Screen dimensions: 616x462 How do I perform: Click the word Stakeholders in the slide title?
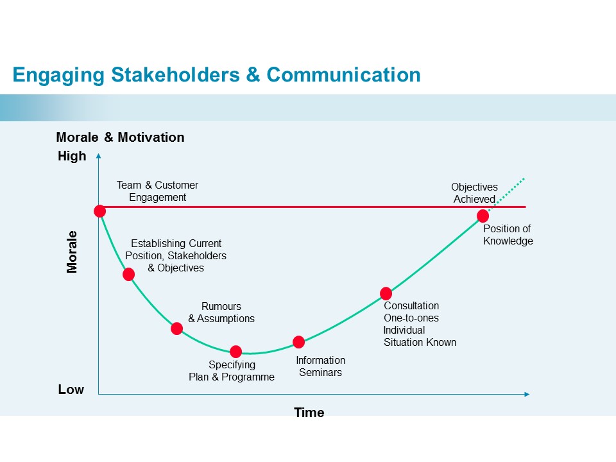coord(175,74)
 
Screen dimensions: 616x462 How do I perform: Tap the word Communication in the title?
coord(343,74)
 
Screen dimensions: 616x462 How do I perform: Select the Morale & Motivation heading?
coord(120,137)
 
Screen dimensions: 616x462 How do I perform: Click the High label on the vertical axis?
coord(72,156)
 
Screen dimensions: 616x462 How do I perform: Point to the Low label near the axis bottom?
coord(71,389)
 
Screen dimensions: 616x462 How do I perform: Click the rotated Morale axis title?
coord(72,252)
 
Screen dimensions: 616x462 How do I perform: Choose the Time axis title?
coord(309,412)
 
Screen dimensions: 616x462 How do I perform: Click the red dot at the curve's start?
coord(100,211)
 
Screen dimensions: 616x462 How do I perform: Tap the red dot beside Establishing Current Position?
coord(128,274)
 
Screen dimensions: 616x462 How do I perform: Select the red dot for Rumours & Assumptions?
coord(177,329)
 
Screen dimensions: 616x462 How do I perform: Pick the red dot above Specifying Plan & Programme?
coord(235,351)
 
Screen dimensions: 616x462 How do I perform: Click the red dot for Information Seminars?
coord(298,342)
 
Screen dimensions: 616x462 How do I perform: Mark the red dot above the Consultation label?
coord(386,293)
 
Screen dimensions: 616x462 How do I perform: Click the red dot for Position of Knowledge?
coord(483,216)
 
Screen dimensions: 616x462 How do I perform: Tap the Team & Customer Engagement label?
coord(158,191)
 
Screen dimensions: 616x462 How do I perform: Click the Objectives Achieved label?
coord(475,193)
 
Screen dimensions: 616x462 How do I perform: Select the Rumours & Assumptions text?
coord(221,312)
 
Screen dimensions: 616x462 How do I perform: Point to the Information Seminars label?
coord(321,366)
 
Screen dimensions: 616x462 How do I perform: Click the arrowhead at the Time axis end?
coord(527,394)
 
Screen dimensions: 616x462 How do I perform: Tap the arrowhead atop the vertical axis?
coord(99,156)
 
